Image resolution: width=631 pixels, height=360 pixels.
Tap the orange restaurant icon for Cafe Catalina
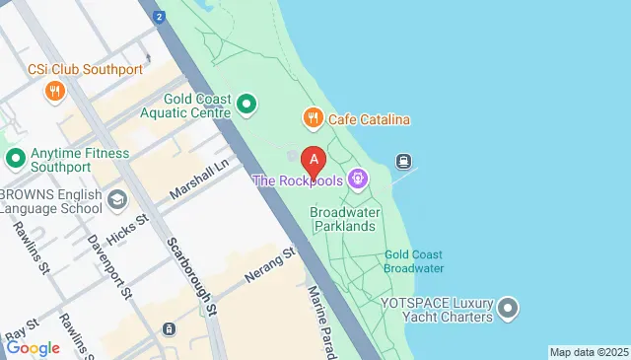pos(314,119)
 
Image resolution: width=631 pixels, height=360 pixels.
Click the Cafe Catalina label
pos(369,120)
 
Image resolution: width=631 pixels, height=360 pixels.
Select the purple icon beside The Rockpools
pos(358,180)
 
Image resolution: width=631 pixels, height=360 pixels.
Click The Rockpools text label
pos(298,180)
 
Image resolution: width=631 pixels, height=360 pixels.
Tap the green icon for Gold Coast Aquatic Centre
pos(247,103)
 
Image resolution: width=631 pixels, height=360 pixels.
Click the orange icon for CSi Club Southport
pos(54,92)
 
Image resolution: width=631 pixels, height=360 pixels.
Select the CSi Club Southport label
pos(85,70)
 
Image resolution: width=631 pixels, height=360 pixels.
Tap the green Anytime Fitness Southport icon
pos(15,158)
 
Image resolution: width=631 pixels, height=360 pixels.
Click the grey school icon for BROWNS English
pos(117,200)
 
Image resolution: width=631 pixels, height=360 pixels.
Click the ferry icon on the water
pos(403,161)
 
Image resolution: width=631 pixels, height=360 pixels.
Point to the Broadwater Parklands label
pos(343,219)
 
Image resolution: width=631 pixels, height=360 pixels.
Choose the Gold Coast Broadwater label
pos(413,260)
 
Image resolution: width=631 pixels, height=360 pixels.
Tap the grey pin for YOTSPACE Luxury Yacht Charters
pos(509,309)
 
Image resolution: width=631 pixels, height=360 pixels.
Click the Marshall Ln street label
pos(198,182)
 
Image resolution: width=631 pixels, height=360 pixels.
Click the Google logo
pos(33,347)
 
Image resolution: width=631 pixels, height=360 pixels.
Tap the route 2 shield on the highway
pos(159,17)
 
